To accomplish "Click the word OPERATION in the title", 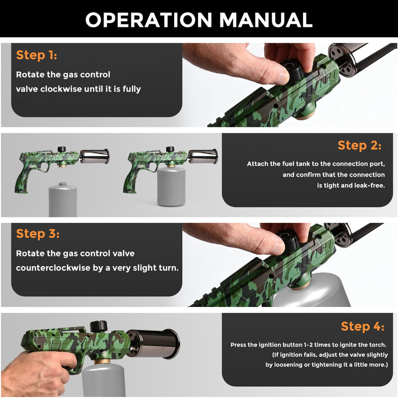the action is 148,20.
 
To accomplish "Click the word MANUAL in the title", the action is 266,20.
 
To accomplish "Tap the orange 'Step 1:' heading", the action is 36,55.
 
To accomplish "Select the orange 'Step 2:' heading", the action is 359,145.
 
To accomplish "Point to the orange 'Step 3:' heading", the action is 38,234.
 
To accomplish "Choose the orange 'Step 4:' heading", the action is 363,326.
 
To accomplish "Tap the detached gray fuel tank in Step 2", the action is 63,199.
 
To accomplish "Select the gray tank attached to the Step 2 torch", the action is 171,186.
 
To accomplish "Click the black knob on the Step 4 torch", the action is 99,326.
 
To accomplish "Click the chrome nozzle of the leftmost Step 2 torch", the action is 95,156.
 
